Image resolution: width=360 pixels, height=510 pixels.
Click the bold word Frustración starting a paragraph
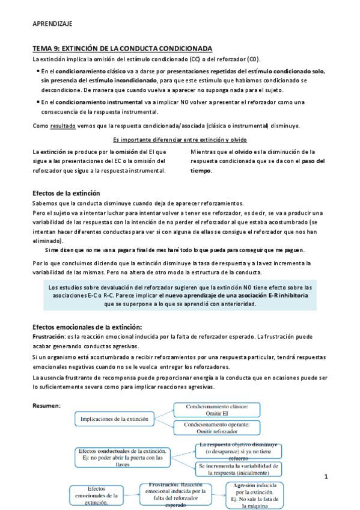tap(49, 337)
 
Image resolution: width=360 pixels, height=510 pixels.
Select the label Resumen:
tap(46, 406)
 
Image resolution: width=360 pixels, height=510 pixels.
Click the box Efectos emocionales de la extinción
tap(96, 497)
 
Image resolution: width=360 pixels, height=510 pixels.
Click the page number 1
tap(325, 477)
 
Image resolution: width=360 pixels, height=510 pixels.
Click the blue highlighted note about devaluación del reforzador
tap(180, 295)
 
